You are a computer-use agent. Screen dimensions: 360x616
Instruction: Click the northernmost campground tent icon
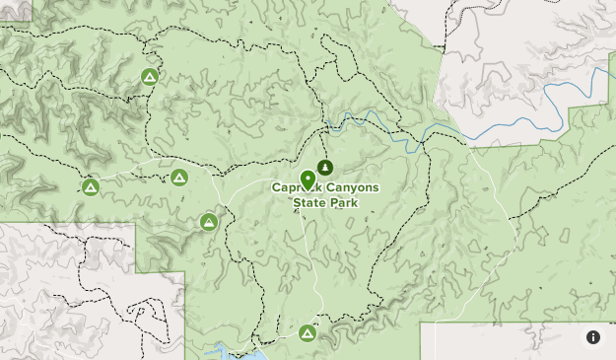(x=150, y=77)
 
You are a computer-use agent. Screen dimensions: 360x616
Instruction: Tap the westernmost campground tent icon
(x=91, y=186)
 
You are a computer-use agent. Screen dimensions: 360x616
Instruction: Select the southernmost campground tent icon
(x=308, y=334)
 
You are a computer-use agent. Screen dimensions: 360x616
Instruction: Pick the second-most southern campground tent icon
(x=209, y=222)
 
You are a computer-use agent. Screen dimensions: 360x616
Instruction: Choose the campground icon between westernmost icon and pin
(x=179, y=178)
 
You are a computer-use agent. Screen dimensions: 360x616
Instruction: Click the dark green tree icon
(x=325, y=167)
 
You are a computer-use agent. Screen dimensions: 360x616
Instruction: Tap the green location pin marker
(x=308, y=180)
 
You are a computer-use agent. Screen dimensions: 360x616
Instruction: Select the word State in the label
(x=310, y=203)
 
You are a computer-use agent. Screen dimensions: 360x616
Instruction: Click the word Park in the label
(x=343, y=203)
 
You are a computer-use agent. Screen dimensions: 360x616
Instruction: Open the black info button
(x=593, y=337)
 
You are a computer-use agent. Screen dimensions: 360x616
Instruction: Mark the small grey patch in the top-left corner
(x=15, y=10)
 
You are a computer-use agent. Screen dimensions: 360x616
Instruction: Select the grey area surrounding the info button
(x=522, y=342)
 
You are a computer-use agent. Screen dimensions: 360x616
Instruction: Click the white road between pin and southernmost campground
(x=313, y=266)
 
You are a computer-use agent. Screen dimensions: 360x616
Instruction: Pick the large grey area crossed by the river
(x=522, y=59)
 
